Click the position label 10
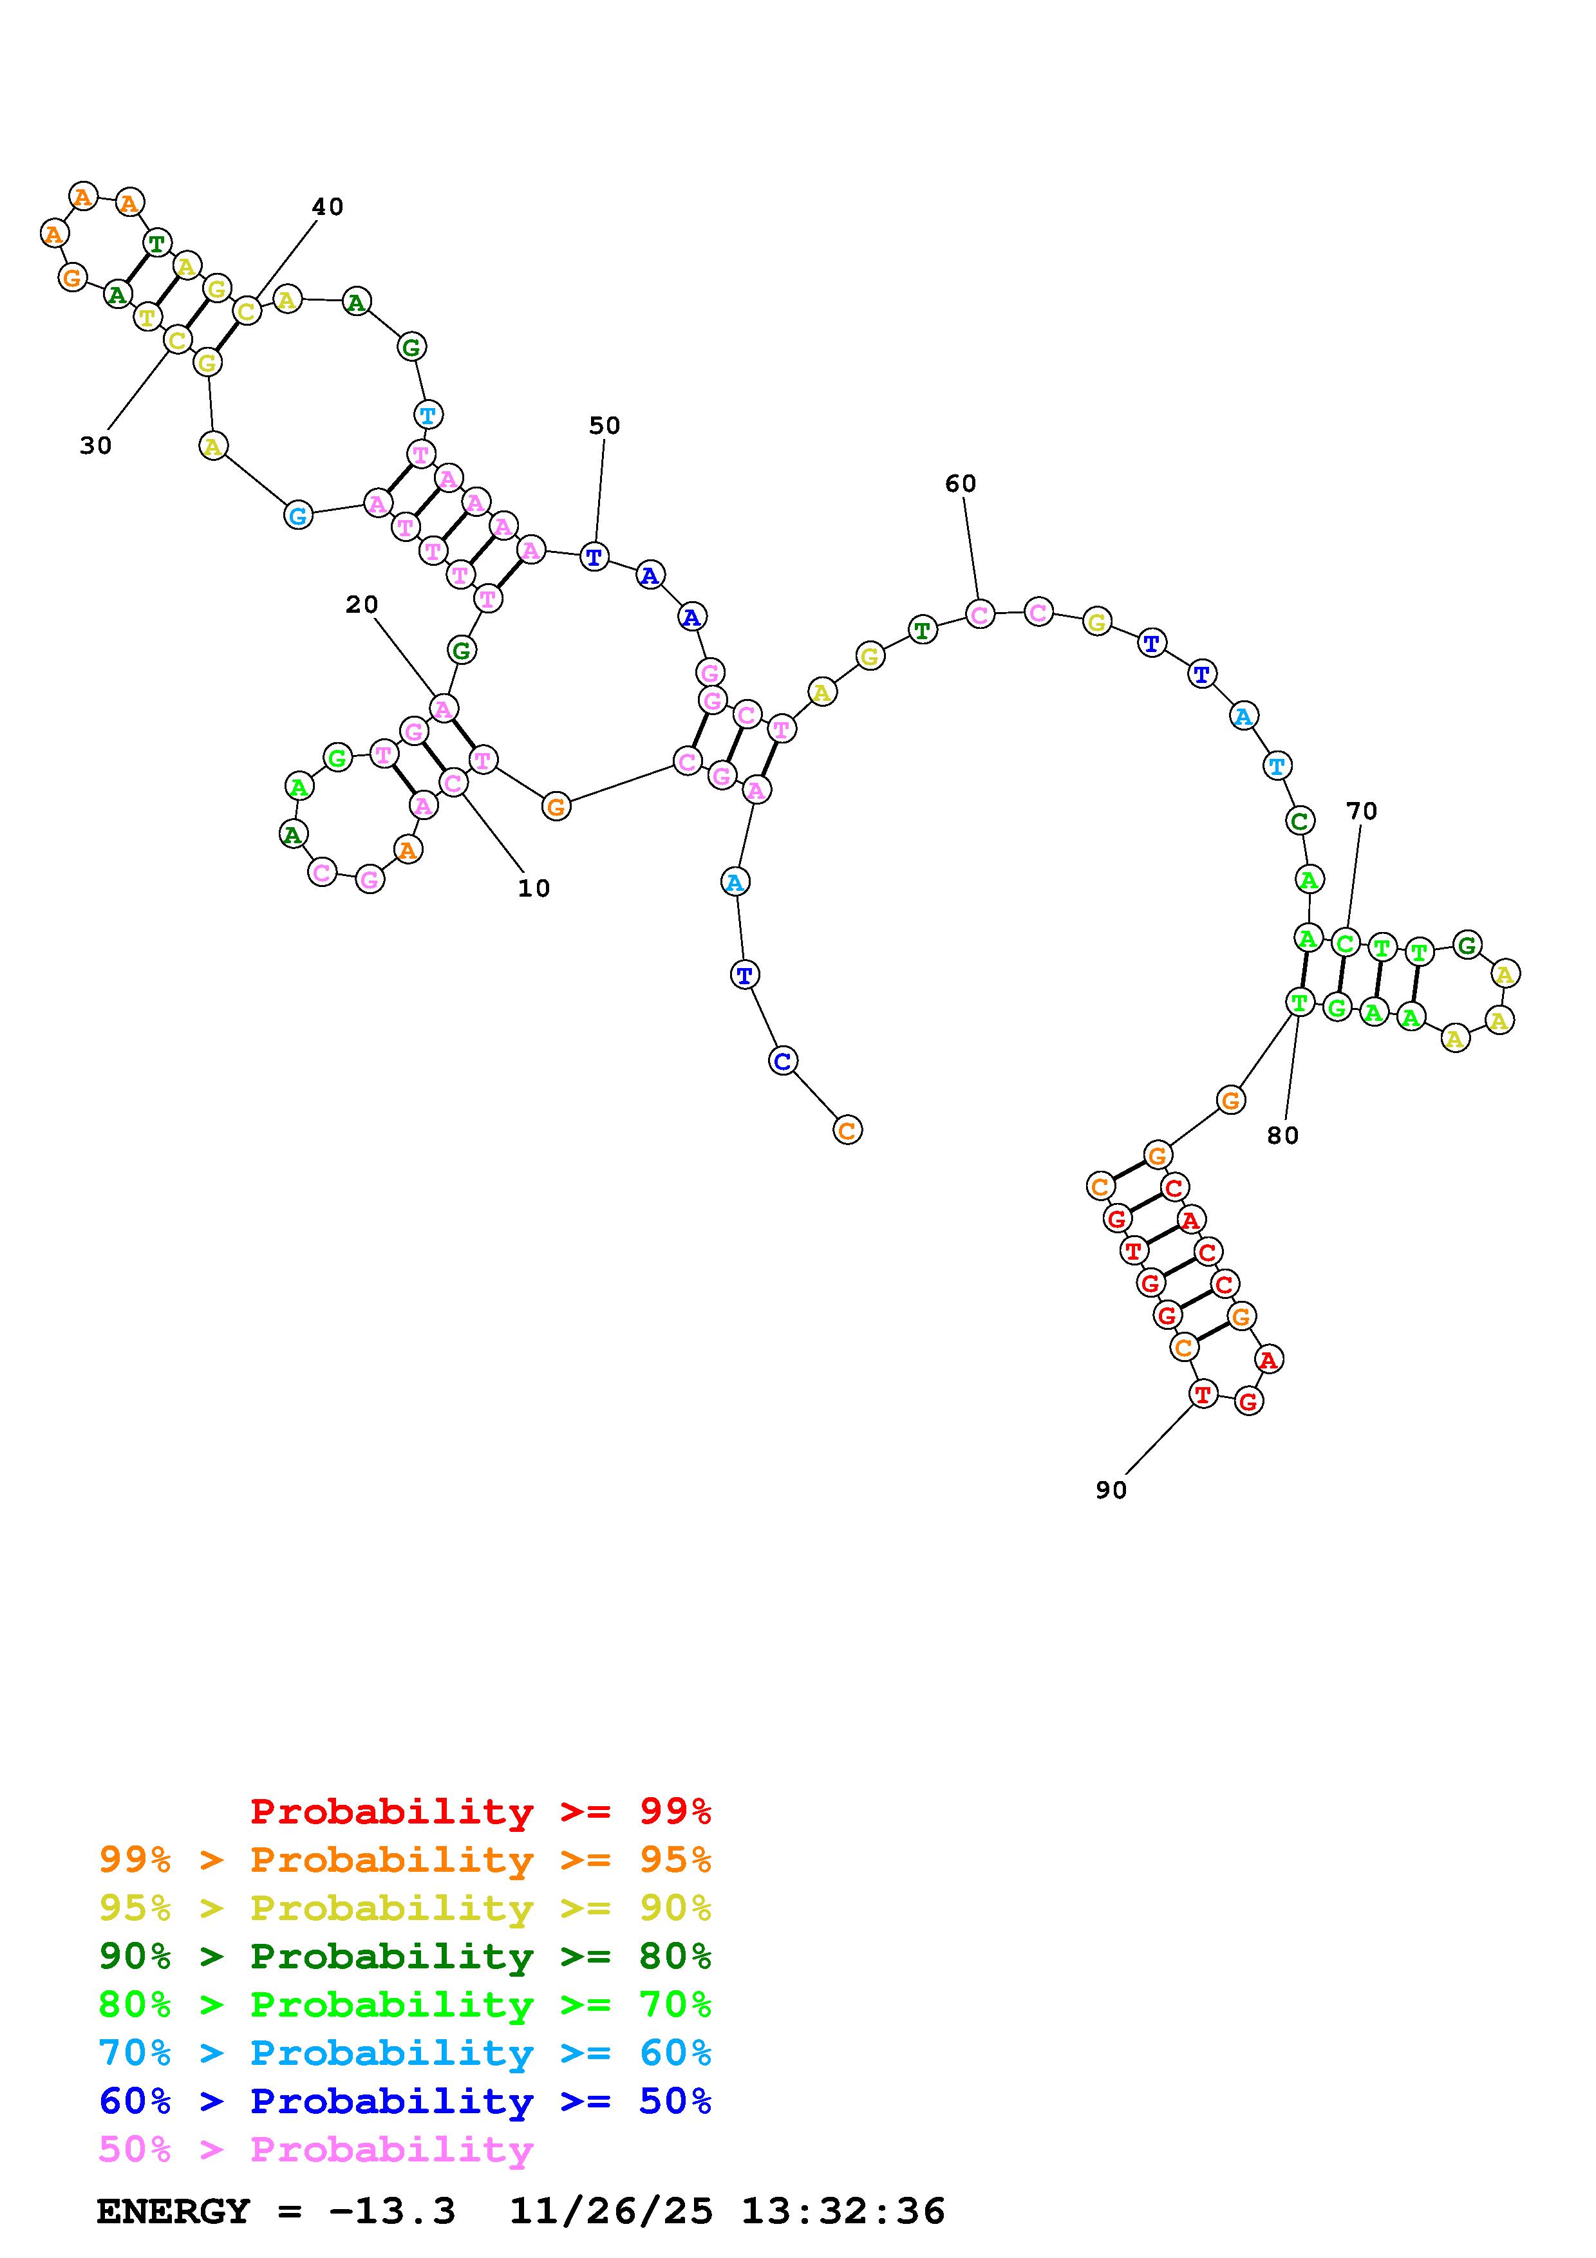click(534, 888)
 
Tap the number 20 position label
click(362, 605)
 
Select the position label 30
click(95, 445)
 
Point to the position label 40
click(328, 207)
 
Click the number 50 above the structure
click(605, 426)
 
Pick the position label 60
click(961, 484)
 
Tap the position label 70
click(1362, 811)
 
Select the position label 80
click(1283, 1136)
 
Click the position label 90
click(1111, 1491)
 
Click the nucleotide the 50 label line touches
click(594, 557)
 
